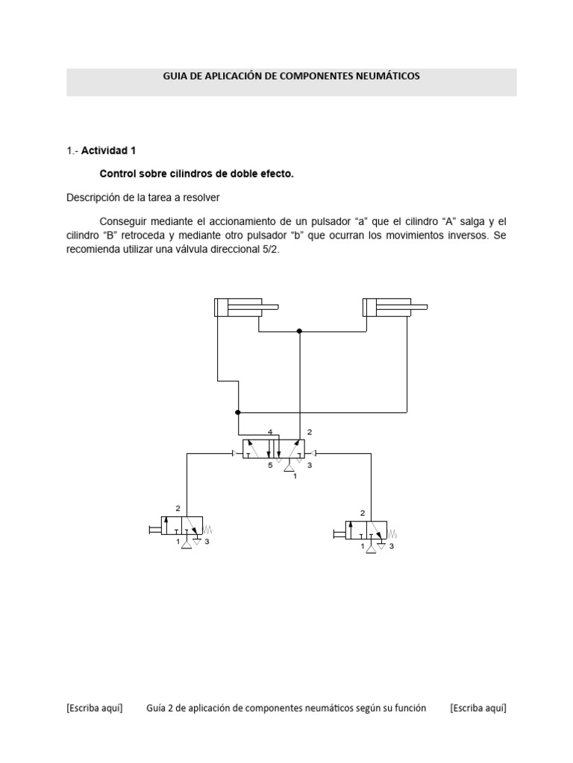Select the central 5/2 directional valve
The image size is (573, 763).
coord(272,449)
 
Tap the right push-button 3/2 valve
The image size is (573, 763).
coord(366,532)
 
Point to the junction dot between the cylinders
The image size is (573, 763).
coord(299,331)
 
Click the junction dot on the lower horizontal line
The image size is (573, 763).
coord(238,411)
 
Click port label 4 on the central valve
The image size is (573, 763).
coord(269,431)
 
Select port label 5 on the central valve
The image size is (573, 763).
coord(270,466)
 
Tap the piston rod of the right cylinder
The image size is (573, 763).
coord(418,306)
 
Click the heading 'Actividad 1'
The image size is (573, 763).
coord(108,150)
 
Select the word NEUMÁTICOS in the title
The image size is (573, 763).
coord(388,76)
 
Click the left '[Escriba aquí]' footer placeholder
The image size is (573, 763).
coord(94,708)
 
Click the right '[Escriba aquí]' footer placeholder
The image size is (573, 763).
coord(477,708)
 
